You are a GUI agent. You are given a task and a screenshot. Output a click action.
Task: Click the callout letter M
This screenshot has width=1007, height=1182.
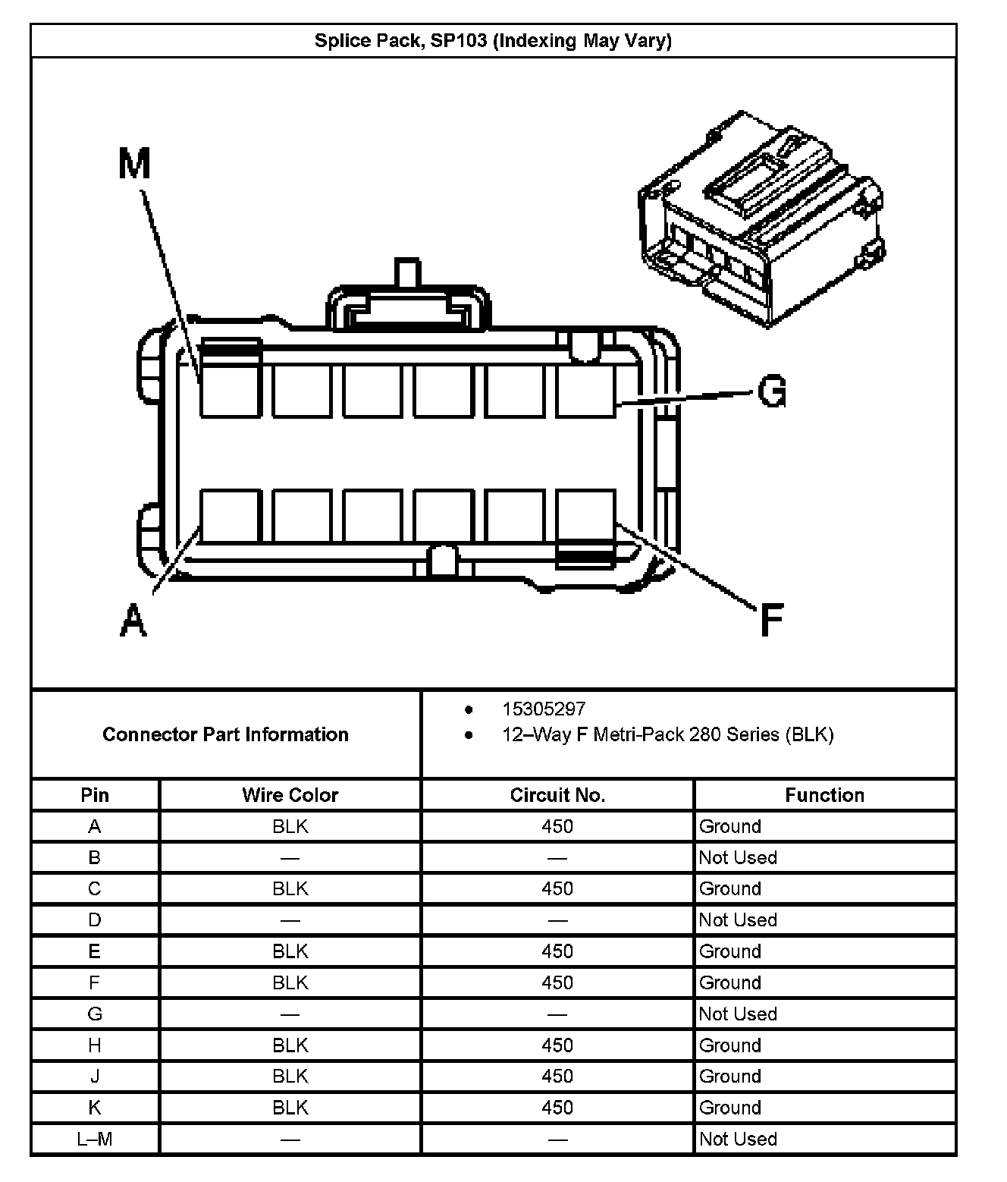pyautogui.click(x=135, y=163)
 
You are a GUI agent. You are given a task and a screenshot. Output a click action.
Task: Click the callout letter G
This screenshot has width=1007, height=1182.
pyautogui.click(x=771, y=392)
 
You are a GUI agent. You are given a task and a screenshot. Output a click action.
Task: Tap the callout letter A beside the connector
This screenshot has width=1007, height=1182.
pyautogui.click(x=133, y=619)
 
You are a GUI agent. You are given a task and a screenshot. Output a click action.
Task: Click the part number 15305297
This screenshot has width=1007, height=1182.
pyautogui.click(x=544, y=709)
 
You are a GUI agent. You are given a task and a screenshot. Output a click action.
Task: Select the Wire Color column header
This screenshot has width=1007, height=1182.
pyautogui.click(x=290, y=795)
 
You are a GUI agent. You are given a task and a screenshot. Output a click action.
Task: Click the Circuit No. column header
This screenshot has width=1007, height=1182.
pyautogui.click(x=557, y=795)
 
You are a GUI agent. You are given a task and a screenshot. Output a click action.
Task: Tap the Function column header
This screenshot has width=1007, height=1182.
pyautogui.click(x=824, y=795)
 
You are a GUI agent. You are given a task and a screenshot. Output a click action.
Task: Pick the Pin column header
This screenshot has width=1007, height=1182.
pyautogui.click(x=95, y=795)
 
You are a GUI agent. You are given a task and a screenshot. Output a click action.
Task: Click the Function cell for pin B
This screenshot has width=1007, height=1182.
pyautogui.click(x=738, y=857)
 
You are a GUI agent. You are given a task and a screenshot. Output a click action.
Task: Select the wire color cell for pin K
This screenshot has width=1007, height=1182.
pyautogui.click(x=290, y=1108)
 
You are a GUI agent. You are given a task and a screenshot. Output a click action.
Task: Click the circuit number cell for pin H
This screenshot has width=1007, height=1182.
pyautogui.click(x=557, y=1045)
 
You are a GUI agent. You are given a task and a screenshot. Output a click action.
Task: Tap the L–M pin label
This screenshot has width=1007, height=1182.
pyautogui.click(x=95, y=1139)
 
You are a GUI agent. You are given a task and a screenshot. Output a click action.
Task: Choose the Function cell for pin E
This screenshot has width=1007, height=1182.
pyautogui.click(x=729, y=951)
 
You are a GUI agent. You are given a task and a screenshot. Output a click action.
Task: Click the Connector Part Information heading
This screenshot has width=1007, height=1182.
pyautogui.click(x=225, y=734)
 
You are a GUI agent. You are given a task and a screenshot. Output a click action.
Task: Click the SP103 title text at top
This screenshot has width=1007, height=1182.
pyautogui.click(x=493, y=40)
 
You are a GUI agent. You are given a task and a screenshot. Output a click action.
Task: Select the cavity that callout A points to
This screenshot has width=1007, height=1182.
pyautogui.click(x=230, y=516)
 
